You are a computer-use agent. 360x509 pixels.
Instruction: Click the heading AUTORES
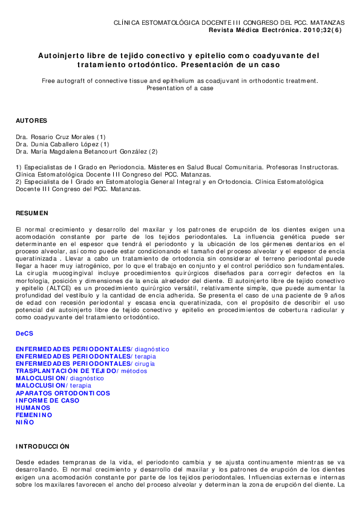click(31, 121)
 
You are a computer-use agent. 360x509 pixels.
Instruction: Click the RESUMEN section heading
click(31, 213)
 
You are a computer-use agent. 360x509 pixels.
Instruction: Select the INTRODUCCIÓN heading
click(42, 446)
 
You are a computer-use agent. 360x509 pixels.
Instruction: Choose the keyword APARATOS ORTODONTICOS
click(63, 393)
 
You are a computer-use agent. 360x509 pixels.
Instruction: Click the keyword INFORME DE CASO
click(47, 400)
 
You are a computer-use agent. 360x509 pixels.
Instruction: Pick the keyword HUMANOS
click(33, 408)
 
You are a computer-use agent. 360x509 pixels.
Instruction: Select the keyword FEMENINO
click(34, 415)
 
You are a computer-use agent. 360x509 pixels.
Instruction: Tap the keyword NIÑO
click(25, 423)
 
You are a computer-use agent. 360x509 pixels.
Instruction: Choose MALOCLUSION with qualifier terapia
click(53, 386)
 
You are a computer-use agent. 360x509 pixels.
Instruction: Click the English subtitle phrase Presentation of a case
click(180, 88)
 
